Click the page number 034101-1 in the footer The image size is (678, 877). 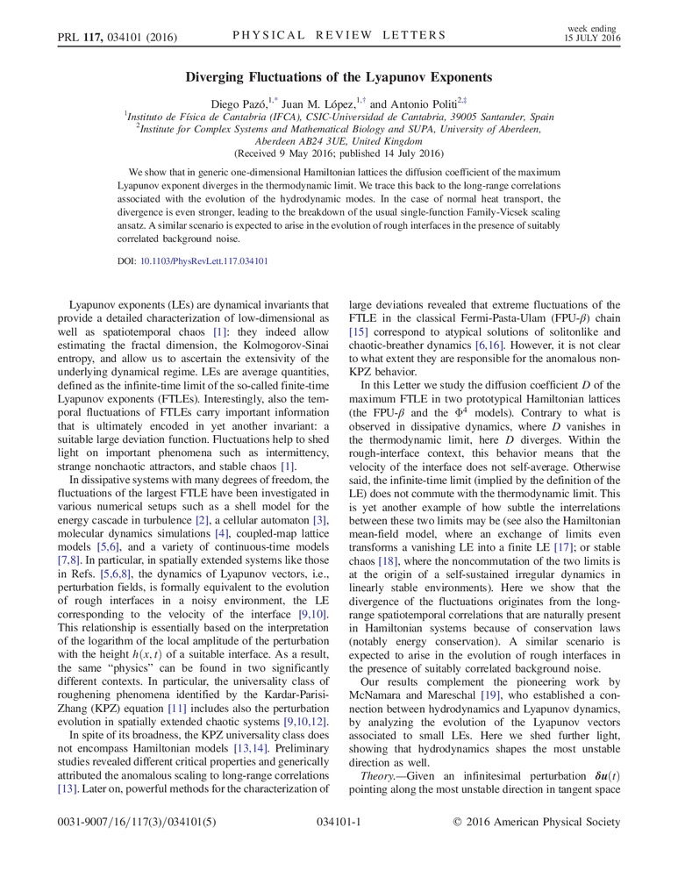coord(339,822)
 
